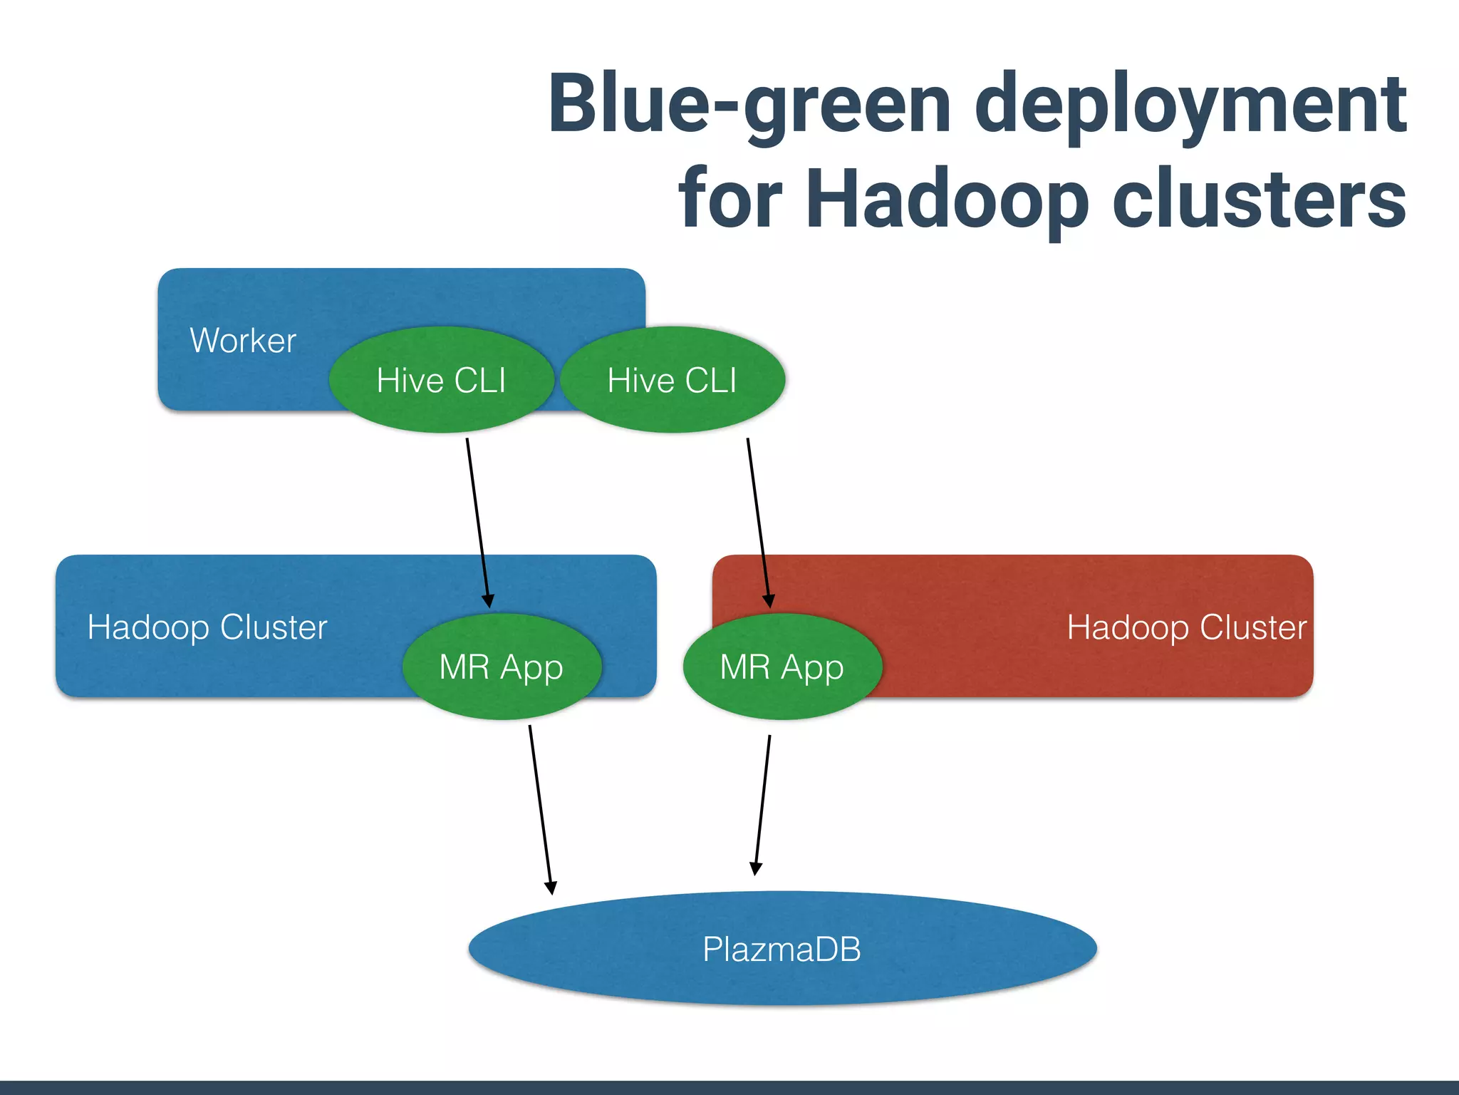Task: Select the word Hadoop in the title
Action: click(947, 200)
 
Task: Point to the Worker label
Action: click(243, 341)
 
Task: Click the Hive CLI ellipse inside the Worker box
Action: click(441, 380)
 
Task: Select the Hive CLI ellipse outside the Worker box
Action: click(672, 380)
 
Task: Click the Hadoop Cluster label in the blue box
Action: click(207, 627)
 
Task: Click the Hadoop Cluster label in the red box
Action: click(1186, 627)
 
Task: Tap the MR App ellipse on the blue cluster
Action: click(502, 667)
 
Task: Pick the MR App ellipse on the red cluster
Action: click(782, 667)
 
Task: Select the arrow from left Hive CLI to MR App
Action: click(477, 520)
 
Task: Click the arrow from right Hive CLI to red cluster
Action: click(758, 520)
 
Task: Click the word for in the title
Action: click(730, 200)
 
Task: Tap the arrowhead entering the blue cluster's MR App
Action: click(488, 601)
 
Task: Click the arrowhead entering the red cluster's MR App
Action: click(769, 601)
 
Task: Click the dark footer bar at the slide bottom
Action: click(729, 1087)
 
